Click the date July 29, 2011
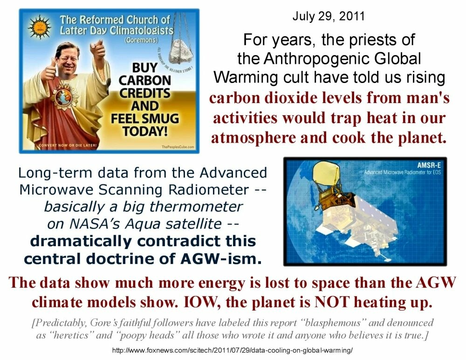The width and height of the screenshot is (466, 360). [x=329, y=16]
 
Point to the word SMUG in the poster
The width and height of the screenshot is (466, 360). [x=161, y=119]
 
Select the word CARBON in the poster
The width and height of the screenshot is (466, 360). [x=145, y=80]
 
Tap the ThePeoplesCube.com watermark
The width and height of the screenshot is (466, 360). [x=178, y=147]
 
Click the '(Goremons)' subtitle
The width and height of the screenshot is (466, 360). [x=141, y=40]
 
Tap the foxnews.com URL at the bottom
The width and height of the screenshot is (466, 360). [x=232, y=350]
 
